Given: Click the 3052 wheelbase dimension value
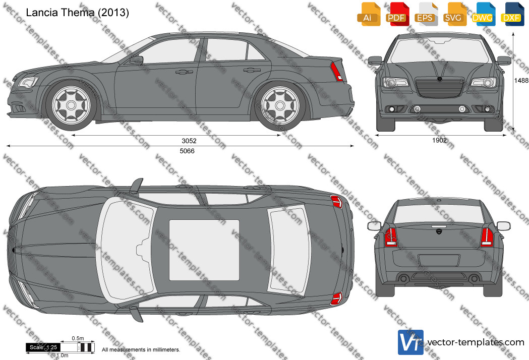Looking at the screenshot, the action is pyautogui.click(x=189, y=141).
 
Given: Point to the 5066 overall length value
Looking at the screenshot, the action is pyautogui.click(x=187, y=151).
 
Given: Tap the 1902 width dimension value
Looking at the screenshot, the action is pyautogui.click(x=439, y=140).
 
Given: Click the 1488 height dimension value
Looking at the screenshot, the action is pyautogui.click(x=521, y=80).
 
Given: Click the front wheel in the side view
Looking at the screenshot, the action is pyautogui.click(x=71, y=105).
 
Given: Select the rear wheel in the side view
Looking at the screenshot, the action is pyautogui.click(x=280, y=105).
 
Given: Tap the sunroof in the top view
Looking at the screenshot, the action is pyautogui.click(x=204, y=250).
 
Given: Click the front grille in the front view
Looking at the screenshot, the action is pyautogui.click(x=439, y=88).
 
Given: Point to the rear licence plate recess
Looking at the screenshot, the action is pyautogui.click(x=439, y=261).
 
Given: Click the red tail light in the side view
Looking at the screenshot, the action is pyautogui.click(x=337, y=72).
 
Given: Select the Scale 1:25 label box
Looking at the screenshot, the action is pyautogui.click(x=43, y=347).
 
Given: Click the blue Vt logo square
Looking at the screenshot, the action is pyautogui.click(x=410, y=342).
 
